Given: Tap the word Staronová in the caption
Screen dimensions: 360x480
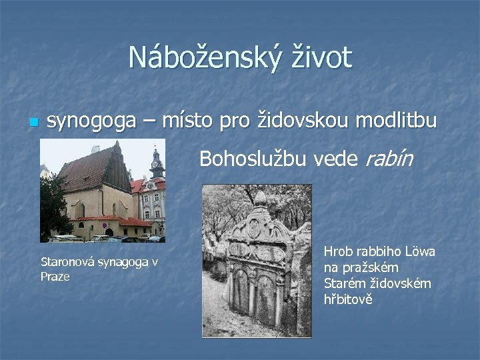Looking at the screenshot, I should [x=67, y=261].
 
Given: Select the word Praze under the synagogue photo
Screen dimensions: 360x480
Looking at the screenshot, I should [x=55, y=275].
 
